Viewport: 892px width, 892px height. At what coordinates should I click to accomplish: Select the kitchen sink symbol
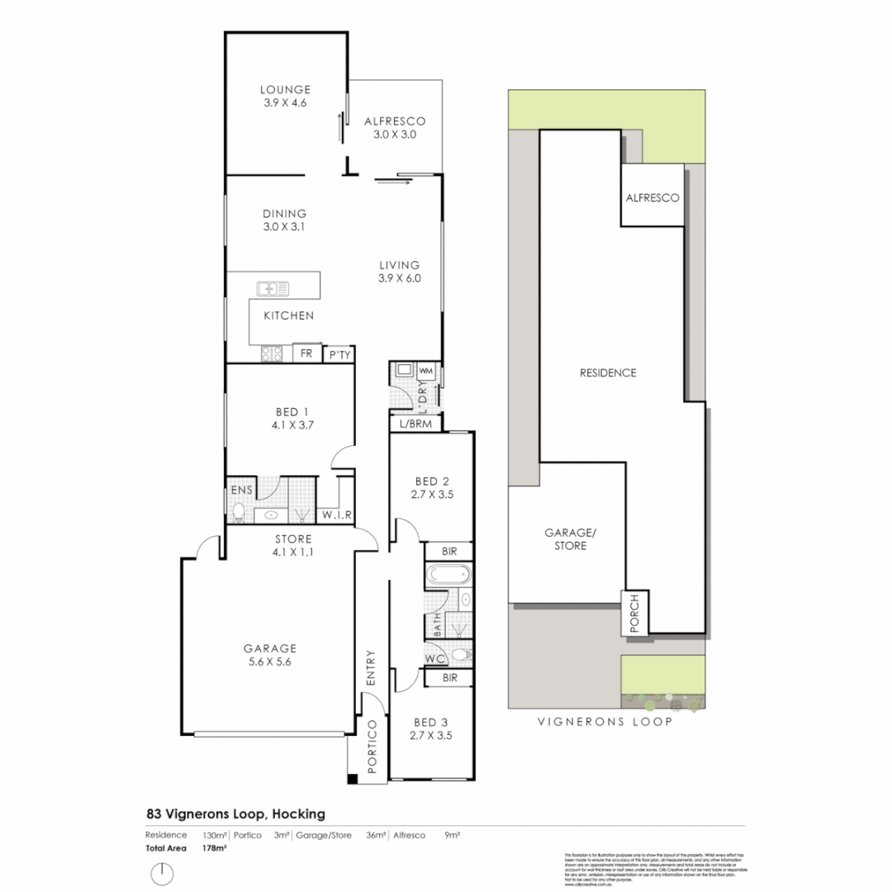[273, 288]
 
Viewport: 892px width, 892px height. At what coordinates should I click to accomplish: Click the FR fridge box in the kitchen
[306, 353]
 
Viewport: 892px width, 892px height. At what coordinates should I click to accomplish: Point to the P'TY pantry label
[339, 354]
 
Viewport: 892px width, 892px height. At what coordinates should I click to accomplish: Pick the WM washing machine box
[427, 370]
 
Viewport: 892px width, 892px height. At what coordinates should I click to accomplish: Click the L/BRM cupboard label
[415, 424]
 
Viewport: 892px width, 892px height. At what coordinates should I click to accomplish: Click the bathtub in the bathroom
[447, 575]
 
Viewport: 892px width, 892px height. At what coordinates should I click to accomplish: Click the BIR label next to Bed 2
[449, 551]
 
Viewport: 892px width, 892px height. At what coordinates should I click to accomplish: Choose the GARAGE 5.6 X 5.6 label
[269, 655]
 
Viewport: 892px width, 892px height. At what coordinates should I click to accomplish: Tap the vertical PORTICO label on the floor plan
[372, 747]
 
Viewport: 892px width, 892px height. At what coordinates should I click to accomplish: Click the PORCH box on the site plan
[635, 614]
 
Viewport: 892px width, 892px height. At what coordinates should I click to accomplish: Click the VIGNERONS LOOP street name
[605, 721]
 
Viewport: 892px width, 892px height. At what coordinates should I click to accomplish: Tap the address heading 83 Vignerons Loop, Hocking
[235, 814]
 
